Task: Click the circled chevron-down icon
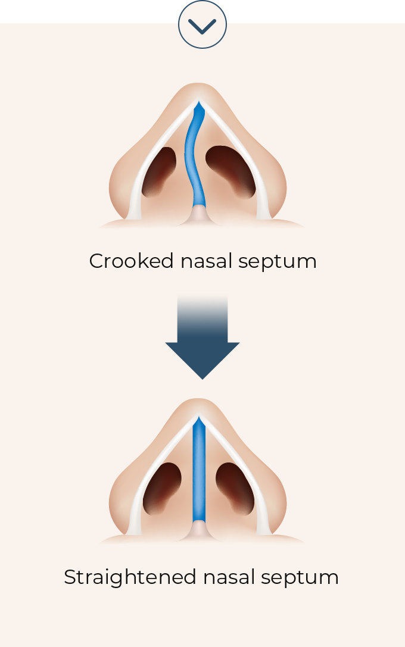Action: coord(202,24)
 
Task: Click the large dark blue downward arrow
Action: coord(202,337)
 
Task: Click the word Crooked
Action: coord(131,261)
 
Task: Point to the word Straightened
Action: coord(130,577)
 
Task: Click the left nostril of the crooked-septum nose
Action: coord(158,171)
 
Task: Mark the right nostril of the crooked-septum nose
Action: coord(230,171)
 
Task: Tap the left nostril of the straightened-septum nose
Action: coord(162,489)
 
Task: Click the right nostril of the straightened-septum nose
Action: coord(235,489)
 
